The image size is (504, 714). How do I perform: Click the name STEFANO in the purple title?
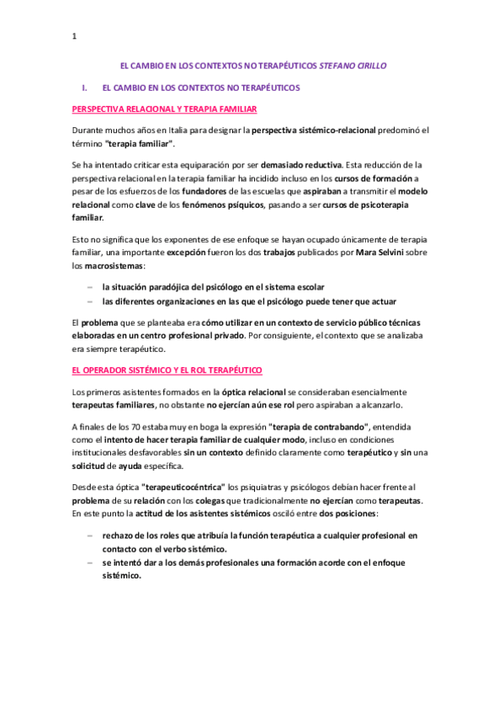(339, 65)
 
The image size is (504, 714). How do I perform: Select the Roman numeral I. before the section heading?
(84, 87)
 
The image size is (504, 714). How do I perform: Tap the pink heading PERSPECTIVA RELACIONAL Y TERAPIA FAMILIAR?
(165, 109)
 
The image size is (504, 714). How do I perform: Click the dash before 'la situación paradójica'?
(90, 287)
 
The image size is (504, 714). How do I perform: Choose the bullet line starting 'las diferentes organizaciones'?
(248, 301)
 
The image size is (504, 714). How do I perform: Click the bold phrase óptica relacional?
(252, 392)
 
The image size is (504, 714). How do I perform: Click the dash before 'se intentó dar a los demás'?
(90, 562)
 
